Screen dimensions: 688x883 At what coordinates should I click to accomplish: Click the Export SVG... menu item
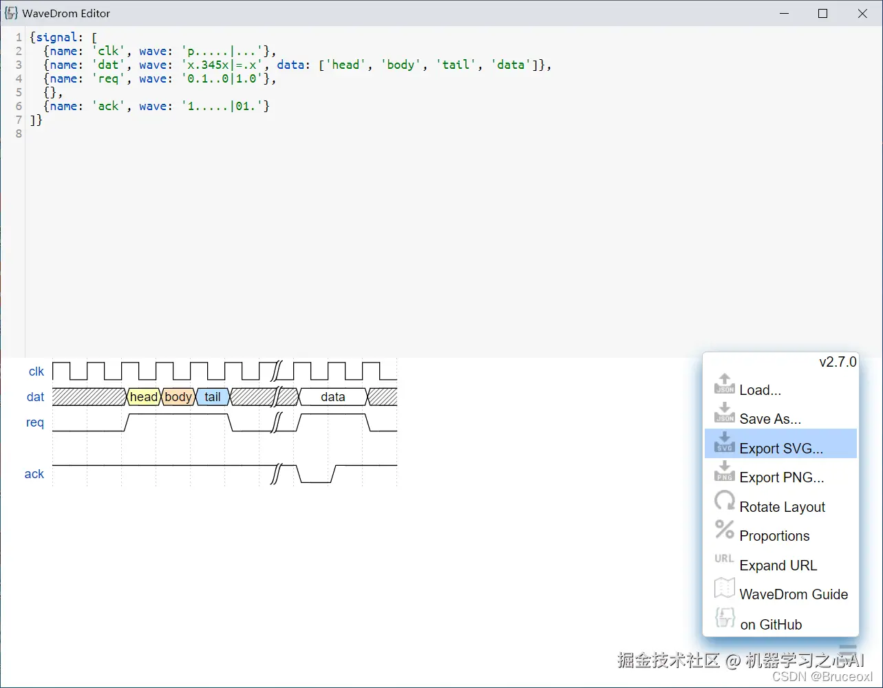coord(780,449)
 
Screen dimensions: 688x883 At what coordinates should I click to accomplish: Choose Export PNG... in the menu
coord(781,477)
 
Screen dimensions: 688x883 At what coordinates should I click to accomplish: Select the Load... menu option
coord(760,390)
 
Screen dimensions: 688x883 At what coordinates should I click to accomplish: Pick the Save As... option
coord(770,419)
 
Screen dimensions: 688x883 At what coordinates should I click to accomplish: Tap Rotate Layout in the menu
coord(782,507)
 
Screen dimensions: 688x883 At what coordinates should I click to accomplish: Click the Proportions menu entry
coord(774,536)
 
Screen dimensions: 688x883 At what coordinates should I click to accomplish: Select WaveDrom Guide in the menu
coord(793,594)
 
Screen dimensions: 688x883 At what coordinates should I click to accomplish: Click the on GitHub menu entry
coord(771,625)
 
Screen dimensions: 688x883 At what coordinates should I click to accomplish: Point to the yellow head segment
coord(143,397)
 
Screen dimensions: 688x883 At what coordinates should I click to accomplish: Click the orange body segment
coord(178,397)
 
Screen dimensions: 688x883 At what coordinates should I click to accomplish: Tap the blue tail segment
coord(213,397)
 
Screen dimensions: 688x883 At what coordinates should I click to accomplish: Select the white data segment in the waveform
coord(333,397)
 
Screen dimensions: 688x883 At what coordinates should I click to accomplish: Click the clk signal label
coord(36,372)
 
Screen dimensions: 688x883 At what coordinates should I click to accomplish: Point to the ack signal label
coord(34,474)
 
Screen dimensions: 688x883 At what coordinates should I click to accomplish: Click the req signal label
coord(35,422)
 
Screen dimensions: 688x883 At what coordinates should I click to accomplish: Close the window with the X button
coord(862,13)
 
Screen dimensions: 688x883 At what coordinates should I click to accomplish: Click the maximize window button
coord(822,13)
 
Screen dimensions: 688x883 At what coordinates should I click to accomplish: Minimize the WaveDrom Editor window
coord(783,13)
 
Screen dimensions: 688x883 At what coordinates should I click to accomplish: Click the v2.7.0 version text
coord(838,362)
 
